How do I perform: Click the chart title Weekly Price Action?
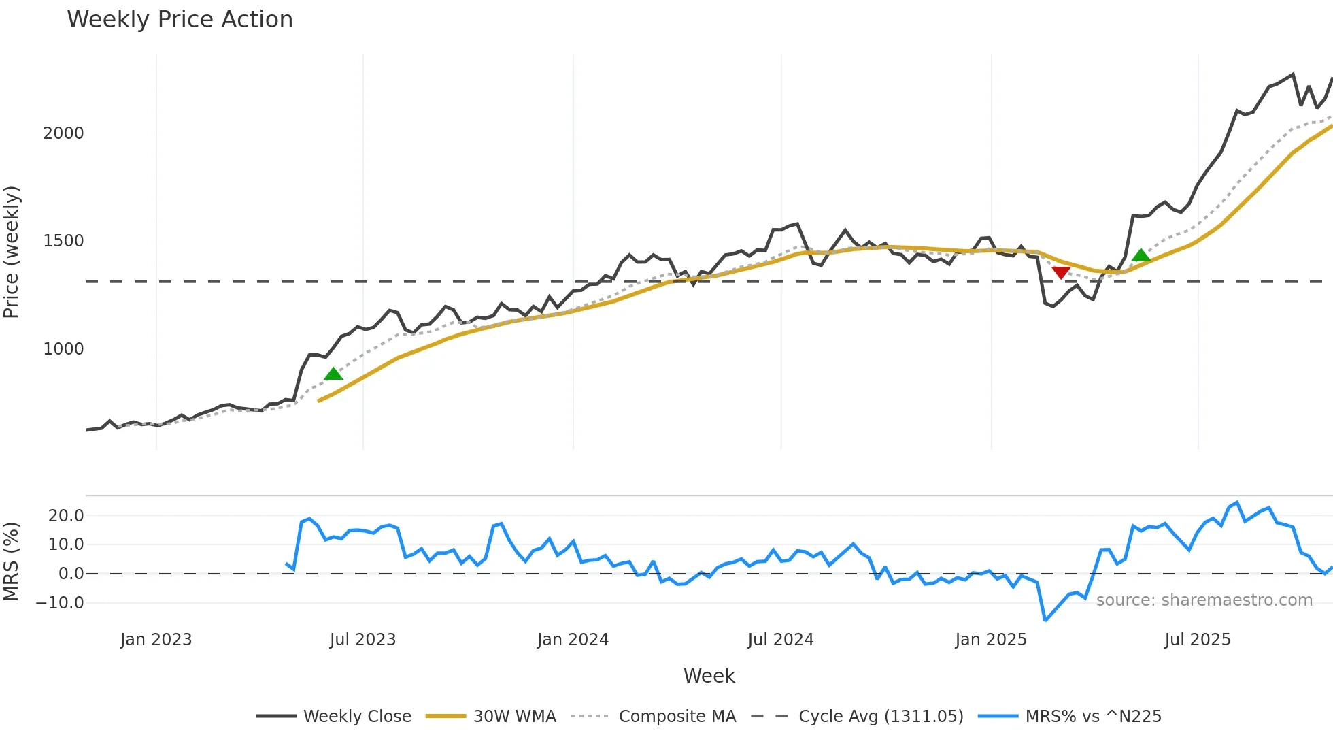coord(180,20)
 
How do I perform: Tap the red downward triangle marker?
coord(1061,272)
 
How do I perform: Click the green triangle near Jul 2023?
coord(333,374)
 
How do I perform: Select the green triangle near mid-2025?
coord(1141,255)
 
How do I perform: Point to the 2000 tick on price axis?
coord(63,133)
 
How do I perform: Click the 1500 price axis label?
coord(63,241)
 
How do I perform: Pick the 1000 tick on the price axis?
coord(63,349)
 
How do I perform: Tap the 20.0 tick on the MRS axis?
coord(66,515)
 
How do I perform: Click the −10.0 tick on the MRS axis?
coord(60,602)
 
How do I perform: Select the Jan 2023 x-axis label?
coord(156,640)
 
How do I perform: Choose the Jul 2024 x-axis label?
coord(780,640)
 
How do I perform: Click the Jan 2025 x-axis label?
coord(990,640)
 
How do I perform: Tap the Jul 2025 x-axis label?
coord(1197,640)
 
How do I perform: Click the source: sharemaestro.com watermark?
coord(1204,600)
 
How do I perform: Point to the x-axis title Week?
coord(709,676)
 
